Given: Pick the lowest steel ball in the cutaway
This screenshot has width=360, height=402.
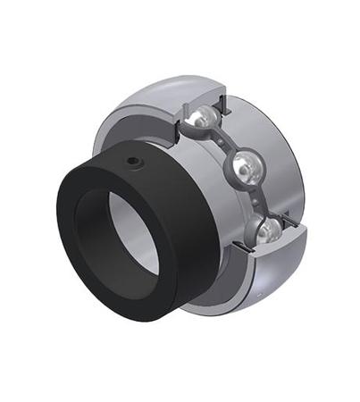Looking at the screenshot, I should [267, 232].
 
